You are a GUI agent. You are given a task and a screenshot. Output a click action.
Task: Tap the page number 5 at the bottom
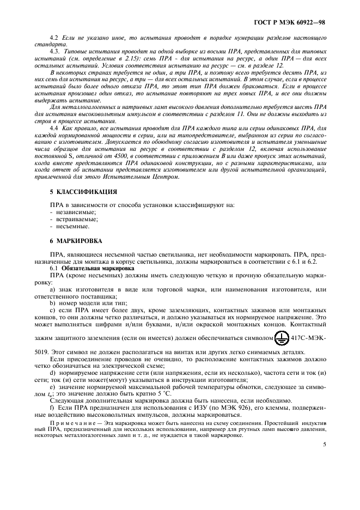point(325,444)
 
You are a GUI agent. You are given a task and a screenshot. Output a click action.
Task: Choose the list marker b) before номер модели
point(53,303)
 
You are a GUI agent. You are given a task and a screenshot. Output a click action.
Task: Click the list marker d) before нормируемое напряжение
point(53,373)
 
